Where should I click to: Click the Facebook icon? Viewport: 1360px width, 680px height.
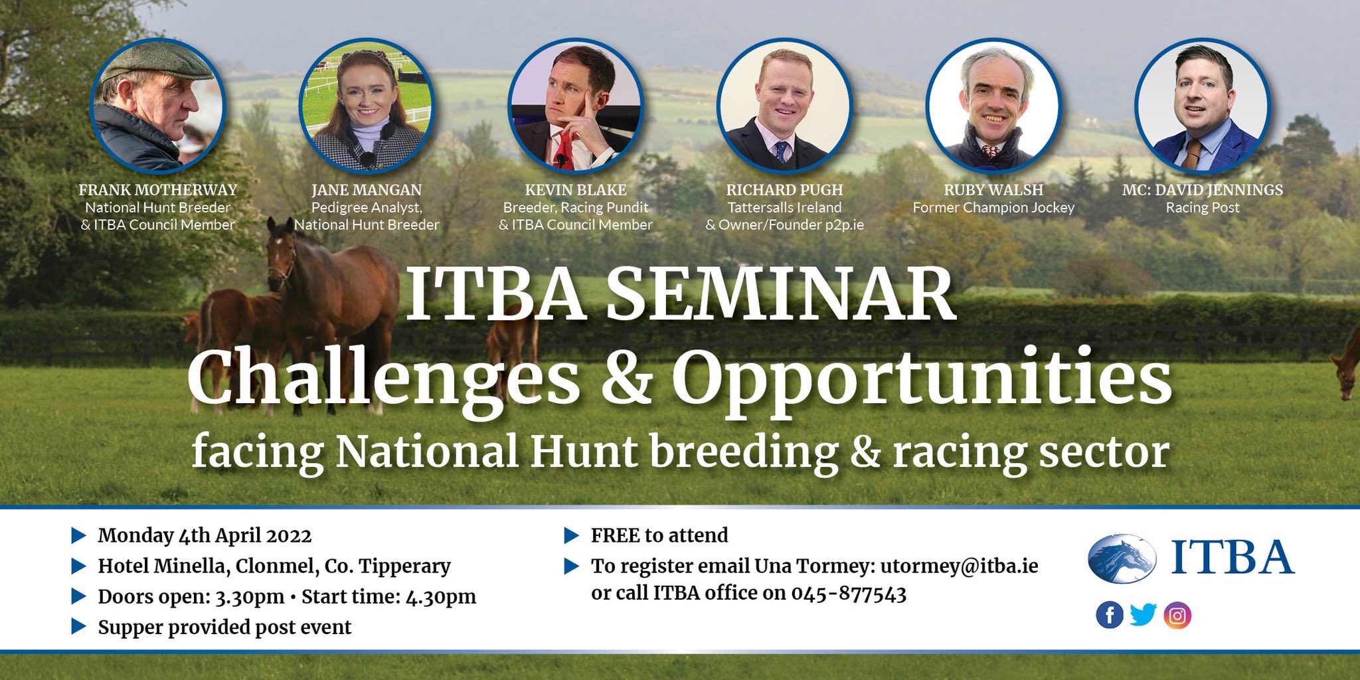coord(1109,616)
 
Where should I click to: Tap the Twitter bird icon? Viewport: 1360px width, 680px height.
coord(1143,615)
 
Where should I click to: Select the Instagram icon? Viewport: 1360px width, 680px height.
coord(1177,616)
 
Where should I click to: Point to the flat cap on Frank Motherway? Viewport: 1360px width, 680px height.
coord(157,64)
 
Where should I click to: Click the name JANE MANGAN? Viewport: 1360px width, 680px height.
coord(367,190)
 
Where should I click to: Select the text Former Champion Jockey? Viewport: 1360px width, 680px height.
coord(993,208)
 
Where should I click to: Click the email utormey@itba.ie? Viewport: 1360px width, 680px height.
coord(959,566)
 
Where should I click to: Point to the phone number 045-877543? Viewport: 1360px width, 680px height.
coord(848,593)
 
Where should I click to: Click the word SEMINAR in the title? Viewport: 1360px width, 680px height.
coord(780,296)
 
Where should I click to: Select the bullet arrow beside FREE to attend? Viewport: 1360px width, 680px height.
coord(571,535)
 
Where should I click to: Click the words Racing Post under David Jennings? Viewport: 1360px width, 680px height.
coord(1202,208)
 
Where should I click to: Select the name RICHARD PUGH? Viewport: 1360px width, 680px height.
coord(784,190)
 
